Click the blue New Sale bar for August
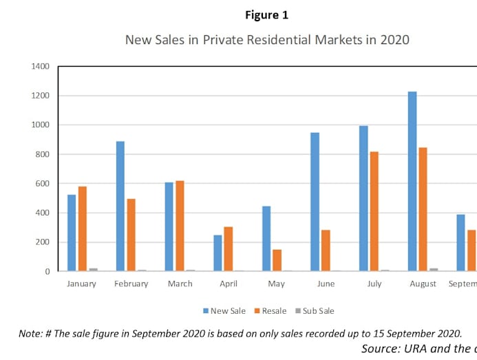pos(412,182)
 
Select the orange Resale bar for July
pos(374,211)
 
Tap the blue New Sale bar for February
pos(120,207)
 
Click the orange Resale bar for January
pos(82,229)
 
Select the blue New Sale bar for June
pos(315,202)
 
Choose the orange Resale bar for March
pos(180,226)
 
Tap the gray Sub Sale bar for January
pos(93,269)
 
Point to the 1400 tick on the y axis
pos(40,67)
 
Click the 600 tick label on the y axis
pos(43,184)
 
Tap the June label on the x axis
pos(326,284)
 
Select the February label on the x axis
pos(131,284)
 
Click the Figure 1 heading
pos(266,14)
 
